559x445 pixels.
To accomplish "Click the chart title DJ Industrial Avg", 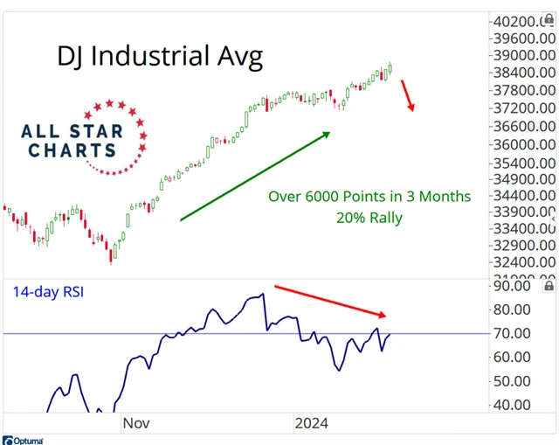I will point(160,57).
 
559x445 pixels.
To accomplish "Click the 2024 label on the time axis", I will point(311,423).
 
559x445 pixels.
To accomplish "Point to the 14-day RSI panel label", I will point(49,293).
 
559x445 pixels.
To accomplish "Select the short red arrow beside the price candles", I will point(408,95).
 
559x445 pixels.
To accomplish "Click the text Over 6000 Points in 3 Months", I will point(369,196).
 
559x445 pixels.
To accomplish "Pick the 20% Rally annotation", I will point(369,217).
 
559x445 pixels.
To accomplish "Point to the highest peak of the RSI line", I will point(262,295).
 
